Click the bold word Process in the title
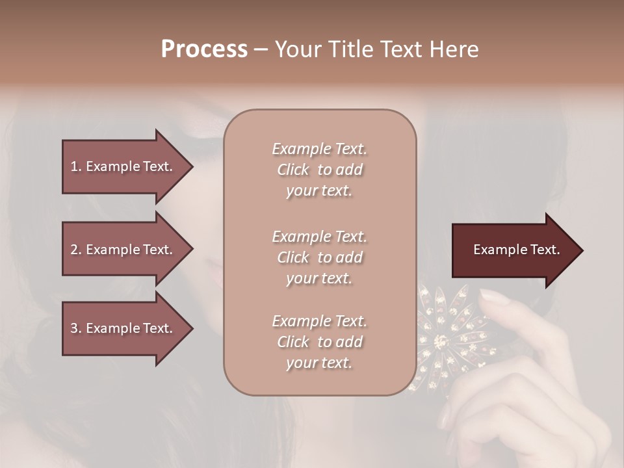coord(204,49)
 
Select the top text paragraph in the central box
coord(319,170)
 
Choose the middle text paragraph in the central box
coord(319,257)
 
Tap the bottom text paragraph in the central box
coord(319,342)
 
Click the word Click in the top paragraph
coord(293,170)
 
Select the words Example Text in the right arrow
coord(517,250)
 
